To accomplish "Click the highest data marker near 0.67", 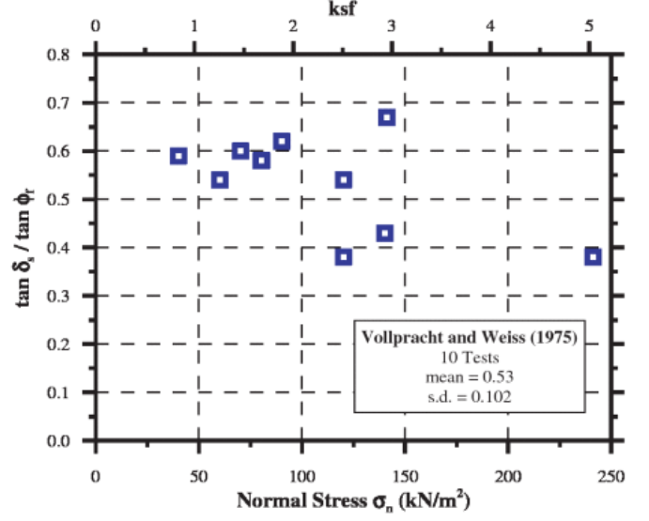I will [x=386, y=117].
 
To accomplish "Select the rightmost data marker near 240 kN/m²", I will [x=593, y=256].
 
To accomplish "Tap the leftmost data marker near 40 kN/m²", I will [x=178, y=156].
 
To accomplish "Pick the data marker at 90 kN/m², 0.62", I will [x=282, y=142].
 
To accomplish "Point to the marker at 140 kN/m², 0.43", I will [x=385, y=233].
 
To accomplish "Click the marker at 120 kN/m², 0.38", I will [x=344, y=256].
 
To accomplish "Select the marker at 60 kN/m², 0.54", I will [x=220, y=179].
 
